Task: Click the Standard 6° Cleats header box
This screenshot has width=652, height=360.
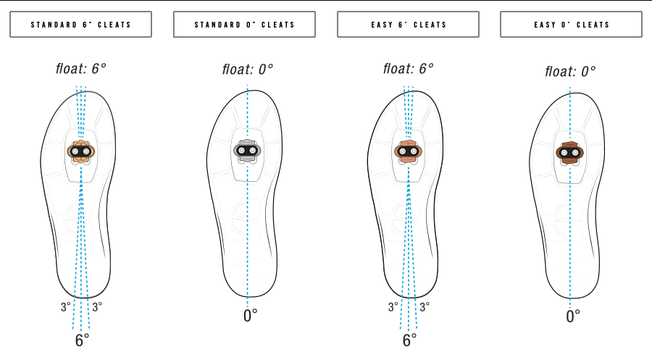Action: pos(80,25)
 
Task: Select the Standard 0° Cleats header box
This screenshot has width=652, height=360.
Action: pos(245,25)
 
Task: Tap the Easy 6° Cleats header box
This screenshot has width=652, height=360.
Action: pos(408,25)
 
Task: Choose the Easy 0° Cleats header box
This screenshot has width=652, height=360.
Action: pos(572,25)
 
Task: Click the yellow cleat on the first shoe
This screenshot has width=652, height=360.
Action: pos(80,151)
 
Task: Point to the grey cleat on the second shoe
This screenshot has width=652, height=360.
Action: pos(246,151)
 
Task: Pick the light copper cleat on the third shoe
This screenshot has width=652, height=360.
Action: pos(408,151)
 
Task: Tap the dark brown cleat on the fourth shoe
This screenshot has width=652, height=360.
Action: pos(569,151)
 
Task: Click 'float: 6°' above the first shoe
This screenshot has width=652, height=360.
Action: pos(81,69)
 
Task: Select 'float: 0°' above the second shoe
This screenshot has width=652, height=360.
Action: pos(248,70)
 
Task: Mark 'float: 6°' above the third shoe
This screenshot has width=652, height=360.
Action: pos(409,69)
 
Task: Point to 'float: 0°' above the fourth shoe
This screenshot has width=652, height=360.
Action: pos(570,71)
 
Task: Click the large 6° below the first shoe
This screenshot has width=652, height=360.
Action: pos(82,340)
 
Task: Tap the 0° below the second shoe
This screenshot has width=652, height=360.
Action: pos(250,315)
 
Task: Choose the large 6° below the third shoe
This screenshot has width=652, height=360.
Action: pos(409,340)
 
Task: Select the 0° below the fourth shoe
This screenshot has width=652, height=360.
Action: pos(573,317)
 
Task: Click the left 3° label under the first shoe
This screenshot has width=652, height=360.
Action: pos(66,306)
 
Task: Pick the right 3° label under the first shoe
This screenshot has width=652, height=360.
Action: pos(97,306)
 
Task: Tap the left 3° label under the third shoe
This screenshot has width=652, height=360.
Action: pos(393,306)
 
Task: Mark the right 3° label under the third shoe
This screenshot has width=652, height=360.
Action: pos(425,306)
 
